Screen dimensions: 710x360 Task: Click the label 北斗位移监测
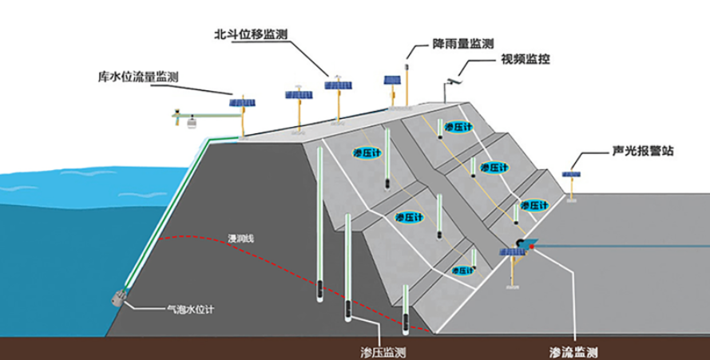click(x=251, y=34)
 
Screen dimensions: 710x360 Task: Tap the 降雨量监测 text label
click(x=462, y=44)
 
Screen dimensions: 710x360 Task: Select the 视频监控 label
click(x=526, y=59)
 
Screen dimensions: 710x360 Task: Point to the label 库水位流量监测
click(x=138, y=77)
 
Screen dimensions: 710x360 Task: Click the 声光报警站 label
click(x=643, y=151)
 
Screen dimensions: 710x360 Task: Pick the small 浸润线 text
click(x=241, y=238)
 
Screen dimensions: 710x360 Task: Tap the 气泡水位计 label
click(x=190, y=310)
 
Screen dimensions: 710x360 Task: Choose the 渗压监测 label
click(x=383, y=352)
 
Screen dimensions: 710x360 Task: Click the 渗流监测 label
click(x=573, y=352)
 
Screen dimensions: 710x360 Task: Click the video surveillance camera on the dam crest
click(x=454, y=82)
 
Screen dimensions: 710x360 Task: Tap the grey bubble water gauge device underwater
click(x=118, y=298)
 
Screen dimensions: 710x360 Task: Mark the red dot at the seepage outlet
click(x=532, y=247)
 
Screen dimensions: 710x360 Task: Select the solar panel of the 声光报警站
click(x=571, y=174)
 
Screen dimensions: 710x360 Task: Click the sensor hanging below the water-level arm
click(x=192, y=122)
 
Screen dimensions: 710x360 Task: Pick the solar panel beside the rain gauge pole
click(x=392, y=80)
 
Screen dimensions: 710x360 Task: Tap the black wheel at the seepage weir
click(x=521, y=243)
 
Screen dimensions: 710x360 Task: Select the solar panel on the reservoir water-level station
click(x=242, y=103)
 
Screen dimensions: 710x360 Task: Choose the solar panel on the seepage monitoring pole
click(x=512, y=251)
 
